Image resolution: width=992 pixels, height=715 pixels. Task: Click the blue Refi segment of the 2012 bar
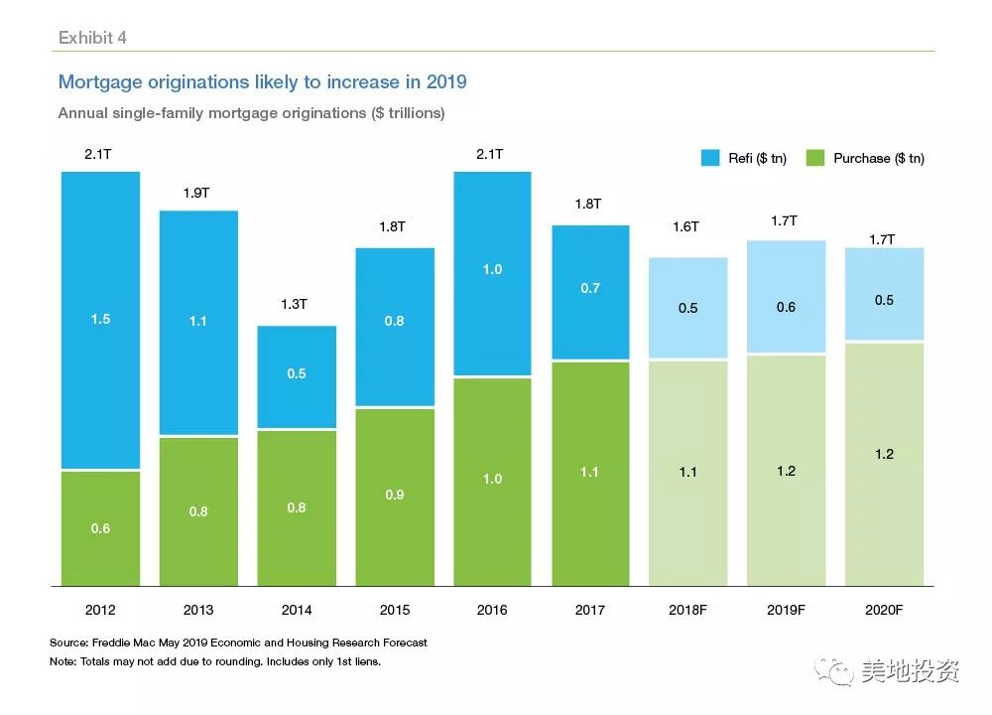point(100,320)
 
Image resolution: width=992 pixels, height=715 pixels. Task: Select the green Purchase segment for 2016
point(492,482)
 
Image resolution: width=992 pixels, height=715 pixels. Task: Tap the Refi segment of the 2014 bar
point(297,376)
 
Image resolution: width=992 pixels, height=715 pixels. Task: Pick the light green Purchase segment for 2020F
point(884,464)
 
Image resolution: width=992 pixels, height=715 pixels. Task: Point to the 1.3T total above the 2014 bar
point(295,305)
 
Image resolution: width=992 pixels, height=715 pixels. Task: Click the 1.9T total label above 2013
point(196,193)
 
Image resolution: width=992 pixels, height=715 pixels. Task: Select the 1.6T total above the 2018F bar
point(685,226)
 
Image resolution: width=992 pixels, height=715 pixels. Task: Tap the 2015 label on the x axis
point(394,610)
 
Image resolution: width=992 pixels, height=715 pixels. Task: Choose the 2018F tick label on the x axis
point(687,610)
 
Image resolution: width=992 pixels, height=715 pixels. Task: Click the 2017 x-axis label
point(590,610)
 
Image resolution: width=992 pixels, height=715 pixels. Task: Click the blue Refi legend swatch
point(710,158)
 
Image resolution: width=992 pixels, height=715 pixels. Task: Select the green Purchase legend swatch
point(814,158)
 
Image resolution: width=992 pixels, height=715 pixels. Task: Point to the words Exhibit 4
point(92,38)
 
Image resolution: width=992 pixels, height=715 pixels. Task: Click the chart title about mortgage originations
point(262,81)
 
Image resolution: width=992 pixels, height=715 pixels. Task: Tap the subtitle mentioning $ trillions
point(251,113)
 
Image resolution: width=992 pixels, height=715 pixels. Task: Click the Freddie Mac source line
point(238,643)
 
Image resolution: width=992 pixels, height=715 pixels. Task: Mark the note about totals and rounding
point(215,661)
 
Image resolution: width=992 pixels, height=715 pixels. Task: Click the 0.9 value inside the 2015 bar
point(394,495)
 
